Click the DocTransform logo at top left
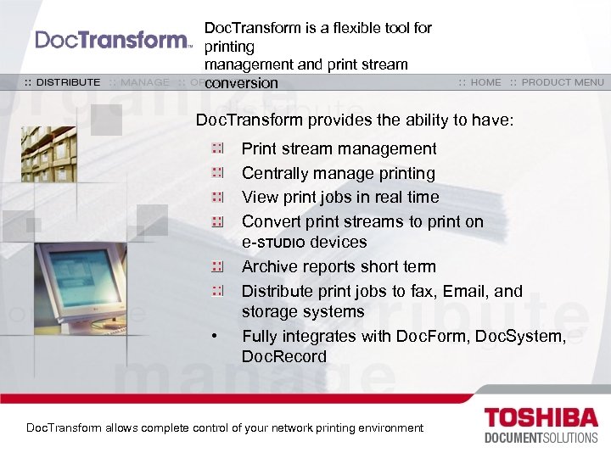click(114, 40)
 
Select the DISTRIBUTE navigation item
click(61, 82)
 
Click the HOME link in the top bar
click(480, 82)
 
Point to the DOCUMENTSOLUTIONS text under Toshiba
click(542, 438)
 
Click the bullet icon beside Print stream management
click(218, 149)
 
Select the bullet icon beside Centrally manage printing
click(218, 173)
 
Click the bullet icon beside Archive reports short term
click(218, 267)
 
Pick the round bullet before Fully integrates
click(217, 338)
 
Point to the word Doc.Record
click(284, 357)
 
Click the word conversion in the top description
click(241, 83)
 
